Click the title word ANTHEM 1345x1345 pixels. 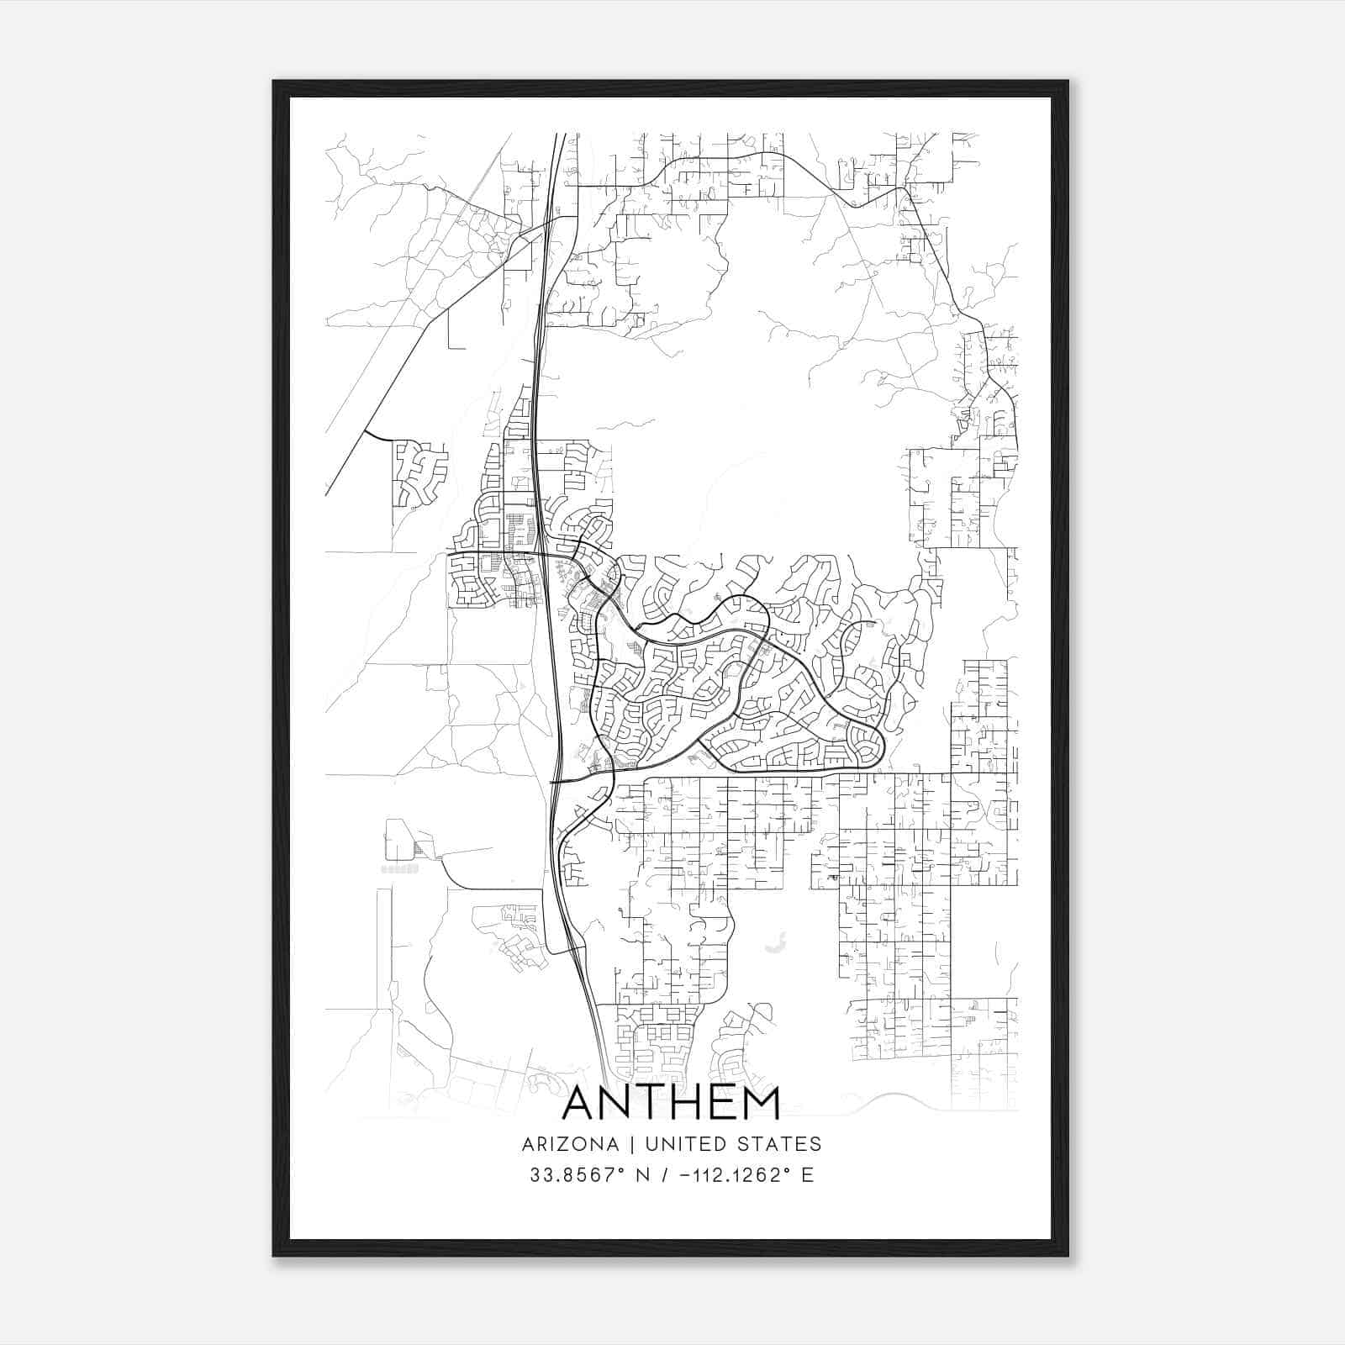[671, 1104]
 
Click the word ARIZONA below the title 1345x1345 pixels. [570, 1144]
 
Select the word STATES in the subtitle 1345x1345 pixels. [781, 1144]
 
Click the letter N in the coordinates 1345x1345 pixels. [645, 1175]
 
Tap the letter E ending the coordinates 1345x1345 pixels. [808, 1175]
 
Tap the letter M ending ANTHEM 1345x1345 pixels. [761, 1104]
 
